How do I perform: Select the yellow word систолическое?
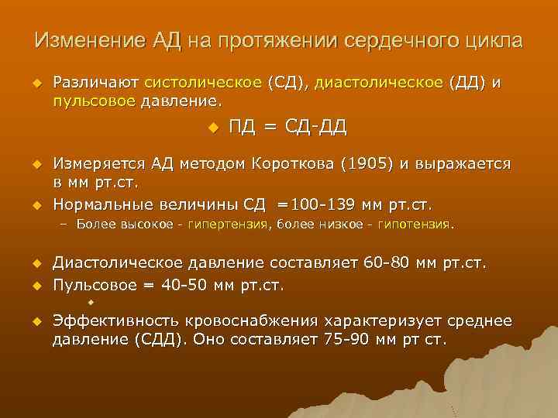tap(199, 83)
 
